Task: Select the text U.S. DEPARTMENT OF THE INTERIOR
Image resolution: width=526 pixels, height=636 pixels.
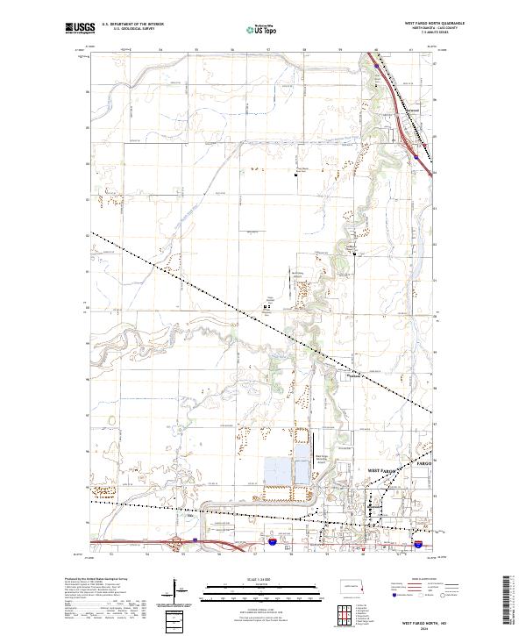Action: [x=133, y=25]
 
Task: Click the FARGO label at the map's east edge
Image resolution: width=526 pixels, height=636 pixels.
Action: [x=423, y=461]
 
